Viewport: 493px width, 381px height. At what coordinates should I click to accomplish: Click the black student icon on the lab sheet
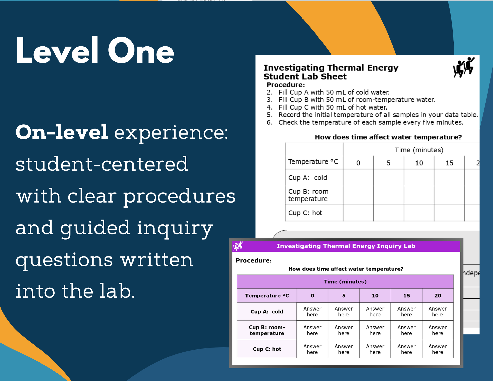tap(464, 67)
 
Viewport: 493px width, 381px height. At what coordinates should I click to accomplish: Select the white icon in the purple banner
tap(238, 246)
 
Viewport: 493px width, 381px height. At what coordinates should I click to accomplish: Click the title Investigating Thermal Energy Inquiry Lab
tap(346, 246)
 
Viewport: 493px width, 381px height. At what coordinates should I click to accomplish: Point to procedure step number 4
tap(269, 107)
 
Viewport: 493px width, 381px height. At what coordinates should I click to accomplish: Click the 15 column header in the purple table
tap(406, 296)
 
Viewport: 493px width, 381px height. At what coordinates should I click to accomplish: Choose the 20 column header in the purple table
tap(438, 296)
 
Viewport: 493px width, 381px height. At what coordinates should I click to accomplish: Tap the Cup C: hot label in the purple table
tap(267, 349)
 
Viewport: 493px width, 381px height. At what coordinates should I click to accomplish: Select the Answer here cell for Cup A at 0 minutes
tap(312, 312)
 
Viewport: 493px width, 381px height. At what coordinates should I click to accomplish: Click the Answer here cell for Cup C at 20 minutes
tap(438, 349)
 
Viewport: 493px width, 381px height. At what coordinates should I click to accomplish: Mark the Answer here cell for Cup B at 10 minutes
tap(375, 330)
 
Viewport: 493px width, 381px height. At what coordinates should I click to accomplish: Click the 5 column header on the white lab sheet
tap(388, 163)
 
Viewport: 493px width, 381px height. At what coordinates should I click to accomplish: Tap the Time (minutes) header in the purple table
tap(345, 282)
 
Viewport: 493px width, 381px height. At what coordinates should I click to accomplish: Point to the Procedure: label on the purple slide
tap(254, 261)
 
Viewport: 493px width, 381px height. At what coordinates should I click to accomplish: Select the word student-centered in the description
tap(102, 164)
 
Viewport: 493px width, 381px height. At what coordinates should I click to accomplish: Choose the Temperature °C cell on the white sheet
tap(313, 162)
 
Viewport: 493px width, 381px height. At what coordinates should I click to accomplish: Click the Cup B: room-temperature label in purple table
tap(267, 330)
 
